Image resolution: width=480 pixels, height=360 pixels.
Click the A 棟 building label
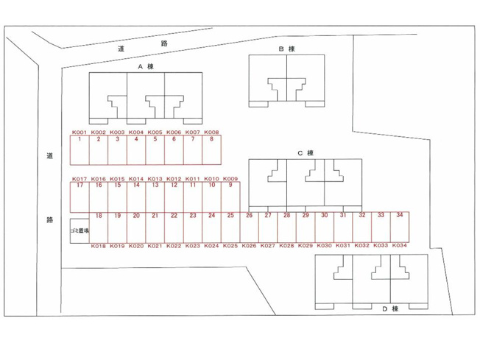(x=146, y=66)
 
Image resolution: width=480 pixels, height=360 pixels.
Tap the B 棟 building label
(x=287, y=49)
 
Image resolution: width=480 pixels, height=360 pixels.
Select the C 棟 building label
(x=306, y=152)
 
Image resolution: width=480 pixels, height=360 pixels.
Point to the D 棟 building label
(x=390, y=308)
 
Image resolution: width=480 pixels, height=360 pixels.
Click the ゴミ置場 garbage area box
(x=80, y=231)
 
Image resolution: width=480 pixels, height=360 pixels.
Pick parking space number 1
(x=80, y=150)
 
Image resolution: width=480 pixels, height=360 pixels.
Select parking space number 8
(x=211, y=150)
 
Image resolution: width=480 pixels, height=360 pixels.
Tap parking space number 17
(x=80, y=197)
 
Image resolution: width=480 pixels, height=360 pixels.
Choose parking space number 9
(x=230, y=197)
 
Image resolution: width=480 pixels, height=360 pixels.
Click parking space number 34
(x=400, y=227)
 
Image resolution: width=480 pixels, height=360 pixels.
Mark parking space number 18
(x=99, y=227)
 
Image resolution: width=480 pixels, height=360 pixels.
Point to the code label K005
(x=155, y=133)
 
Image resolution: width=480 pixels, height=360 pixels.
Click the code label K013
(x=155, y=179)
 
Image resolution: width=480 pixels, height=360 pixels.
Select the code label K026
(x=249, y=245)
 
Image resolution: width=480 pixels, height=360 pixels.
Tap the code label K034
(x=400, y=245)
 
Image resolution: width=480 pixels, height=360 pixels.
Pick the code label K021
(x=155, y=246)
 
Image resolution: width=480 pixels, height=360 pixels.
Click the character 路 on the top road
(x=164, y=43)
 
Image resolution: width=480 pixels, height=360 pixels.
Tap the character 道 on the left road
(x=49, y=155)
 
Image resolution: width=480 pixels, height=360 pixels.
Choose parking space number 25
(x=230, y=227)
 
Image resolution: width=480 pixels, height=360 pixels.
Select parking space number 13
(x=155, y=197)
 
